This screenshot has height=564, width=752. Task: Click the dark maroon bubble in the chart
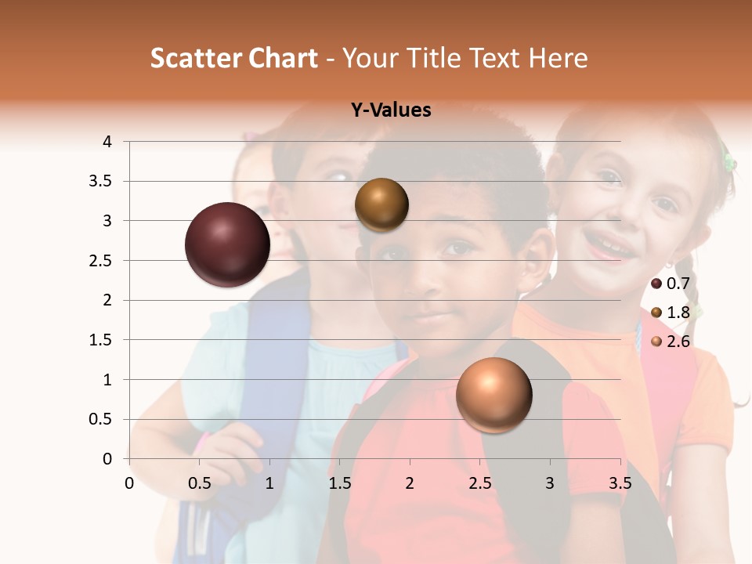pyautogui.click(x=227, y=244)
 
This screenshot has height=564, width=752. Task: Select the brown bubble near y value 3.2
pyautogui.click(x=381, y=204)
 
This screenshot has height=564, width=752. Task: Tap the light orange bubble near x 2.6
pyautogui.click(x=493, y=395)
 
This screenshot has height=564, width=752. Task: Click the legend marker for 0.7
pyautogui.click(x=656, y=284)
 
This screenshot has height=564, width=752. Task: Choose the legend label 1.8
pyautogui.click(x=678, y=313)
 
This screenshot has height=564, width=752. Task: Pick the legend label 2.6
pyautogui.click(x=678, y=342)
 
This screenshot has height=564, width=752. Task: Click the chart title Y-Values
pyautogui.click(x=391, y=110)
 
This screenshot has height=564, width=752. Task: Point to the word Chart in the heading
pyautogui.click(x=283, y=58)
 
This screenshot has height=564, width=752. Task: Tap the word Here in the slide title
pyautogui.click(x=557, y=58)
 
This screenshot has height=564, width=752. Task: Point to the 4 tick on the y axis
pyautogui.click(x=108, y=142)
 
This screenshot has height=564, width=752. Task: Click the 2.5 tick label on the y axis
pyautogui.click(x=101, y=261)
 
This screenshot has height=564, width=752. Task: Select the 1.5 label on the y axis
pyautogui.click(x=101, y=340)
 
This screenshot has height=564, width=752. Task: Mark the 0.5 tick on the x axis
pyautogui.click(x=199, y=483)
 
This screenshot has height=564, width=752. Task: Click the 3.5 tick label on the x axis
pyautogui.click(x=620, y=483)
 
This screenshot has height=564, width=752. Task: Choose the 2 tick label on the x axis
pyautogui.click(x=410, y=483)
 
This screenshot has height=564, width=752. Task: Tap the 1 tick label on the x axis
pyautogui.click(x=269, y=483)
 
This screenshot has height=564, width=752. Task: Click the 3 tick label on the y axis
pyautogui.click(x=108, y=221)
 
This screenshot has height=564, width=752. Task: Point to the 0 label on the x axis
pyautogui.click(x=129, y=483)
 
